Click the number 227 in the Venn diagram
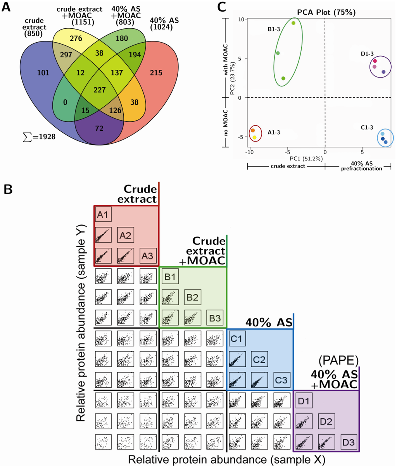tap(100, 90)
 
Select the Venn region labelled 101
tap(43, 72)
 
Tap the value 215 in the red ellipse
tap(156, 72)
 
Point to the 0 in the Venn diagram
tap(66, 102)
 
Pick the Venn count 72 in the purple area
tap(99, 128)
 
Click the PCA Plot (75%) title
tap(326, 12)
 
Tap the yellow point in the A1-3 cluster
tap(254, 138)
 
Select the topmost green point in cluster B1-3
tap(293, 23)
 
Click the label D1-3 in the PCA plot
tap(367, 54)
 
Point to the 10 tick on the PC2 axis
tap(241, 20)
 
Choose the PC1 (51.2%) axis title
tap(306, 159)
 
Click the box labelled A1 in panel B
tap(103, 215)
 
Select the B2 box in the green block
tap(193, 297)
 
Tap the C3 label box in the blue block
tap(282, 380)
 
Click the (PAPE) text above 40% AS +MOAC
tap(338, 361)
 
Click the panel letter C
tap(222, 7)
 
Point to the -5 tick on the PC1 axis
tap(287, 152)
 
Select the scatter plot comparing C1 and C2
tap(237, 359)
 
